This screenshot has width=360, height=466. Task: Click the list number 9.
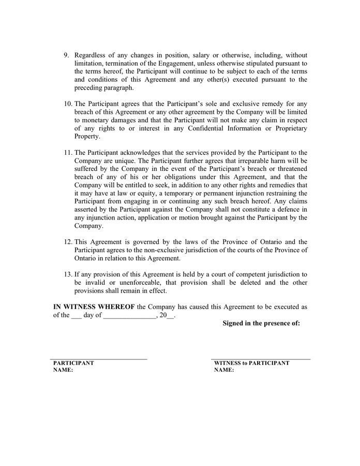pyautogui.click(x=66, y=55)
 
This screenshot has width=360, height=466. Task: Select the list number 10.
pyautogui.click(x=68, y=104)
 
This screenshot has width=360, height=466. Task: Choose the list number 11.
pyautogui.click(x=68, y=153)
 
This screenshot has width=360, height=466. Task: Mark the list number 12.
pyautogui.click(x=68, y=242)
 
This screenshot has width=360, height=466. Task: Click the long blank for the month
pyautogui.click(x=129, y=315)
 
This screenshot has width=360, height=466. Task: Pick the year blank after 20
pyautogui.click(x=171, y=315)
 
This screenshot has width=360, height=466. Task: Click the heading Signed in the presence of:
pyautogui.click(x=261, y=324)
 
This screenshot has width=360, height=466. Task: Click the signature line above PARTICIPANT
pyautogui.click(x=99, y=358)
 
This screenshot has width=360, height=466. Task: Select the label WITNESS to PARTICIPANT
pyautogui.click(x=251, y=363)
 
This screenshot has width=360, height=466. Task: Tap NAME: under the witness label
pyautogui.click(x=224, y=371)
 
